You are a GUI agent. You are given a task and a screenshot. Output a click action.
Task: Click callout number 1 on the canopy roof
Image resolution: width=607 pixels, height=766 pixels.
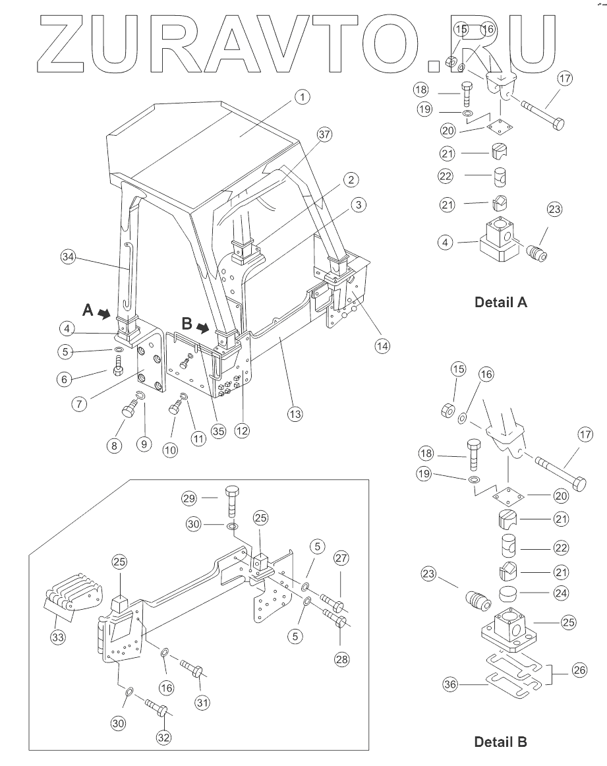(x=303, y=97)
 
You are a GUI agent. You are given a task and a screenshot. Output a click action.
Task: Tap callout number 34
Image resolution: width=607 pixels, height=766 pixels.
(x=68, y=256)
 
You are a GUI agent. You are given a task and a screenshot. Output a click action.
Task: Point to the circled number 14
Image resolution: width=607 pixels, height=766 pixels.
(x=382, y=346)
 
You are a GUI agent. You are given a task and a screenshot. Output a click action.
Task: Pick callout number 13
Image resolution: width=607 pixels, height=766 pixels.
(x=295, y=414)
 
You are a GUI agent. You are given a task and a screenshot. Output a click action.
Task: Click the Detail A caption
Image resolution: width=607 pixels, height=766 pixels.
(x=500, y=303)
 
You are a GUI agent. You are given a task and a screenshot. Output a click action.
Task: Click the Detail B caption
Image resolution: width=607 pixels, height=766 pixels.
(x=500, y=742)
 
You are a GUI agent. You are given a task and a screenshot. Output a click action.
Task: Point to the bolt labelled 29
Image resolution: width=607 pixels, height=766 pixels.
(x=232, y=502)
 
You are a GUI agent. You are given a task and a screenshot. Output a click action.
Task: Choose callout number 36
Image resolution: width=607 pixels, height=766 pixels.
(x=449, y=684)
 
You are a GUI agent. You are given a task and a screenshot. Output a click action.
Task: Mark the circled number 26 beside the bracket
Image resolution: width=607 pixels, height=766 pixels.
(x=579, y=670)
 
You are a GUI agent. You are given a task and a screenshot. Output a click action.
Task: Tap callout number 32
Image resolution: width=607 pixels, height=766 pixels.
(x=163, y=737)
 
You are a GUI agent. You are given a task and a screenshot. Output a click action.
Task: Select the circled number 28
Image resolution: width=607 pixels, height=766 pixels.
(x=341, y=659)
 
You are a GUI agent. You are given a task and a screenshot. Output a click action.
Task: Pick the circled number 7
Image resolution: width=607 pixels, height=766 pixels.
(x=79, y=403)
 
